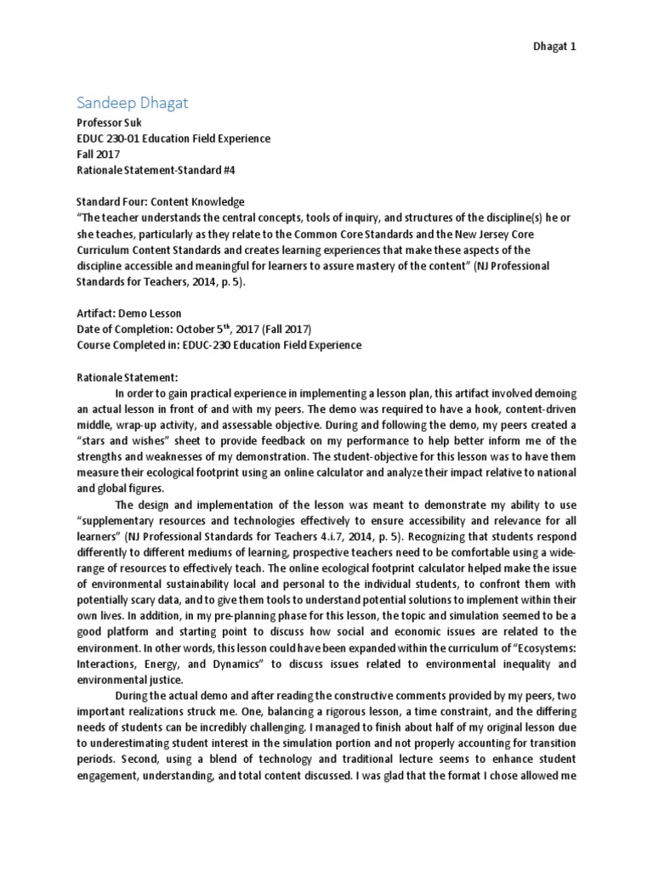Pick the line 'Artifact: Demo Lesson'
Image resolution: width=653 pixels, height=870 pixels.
tap(128, 313)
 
